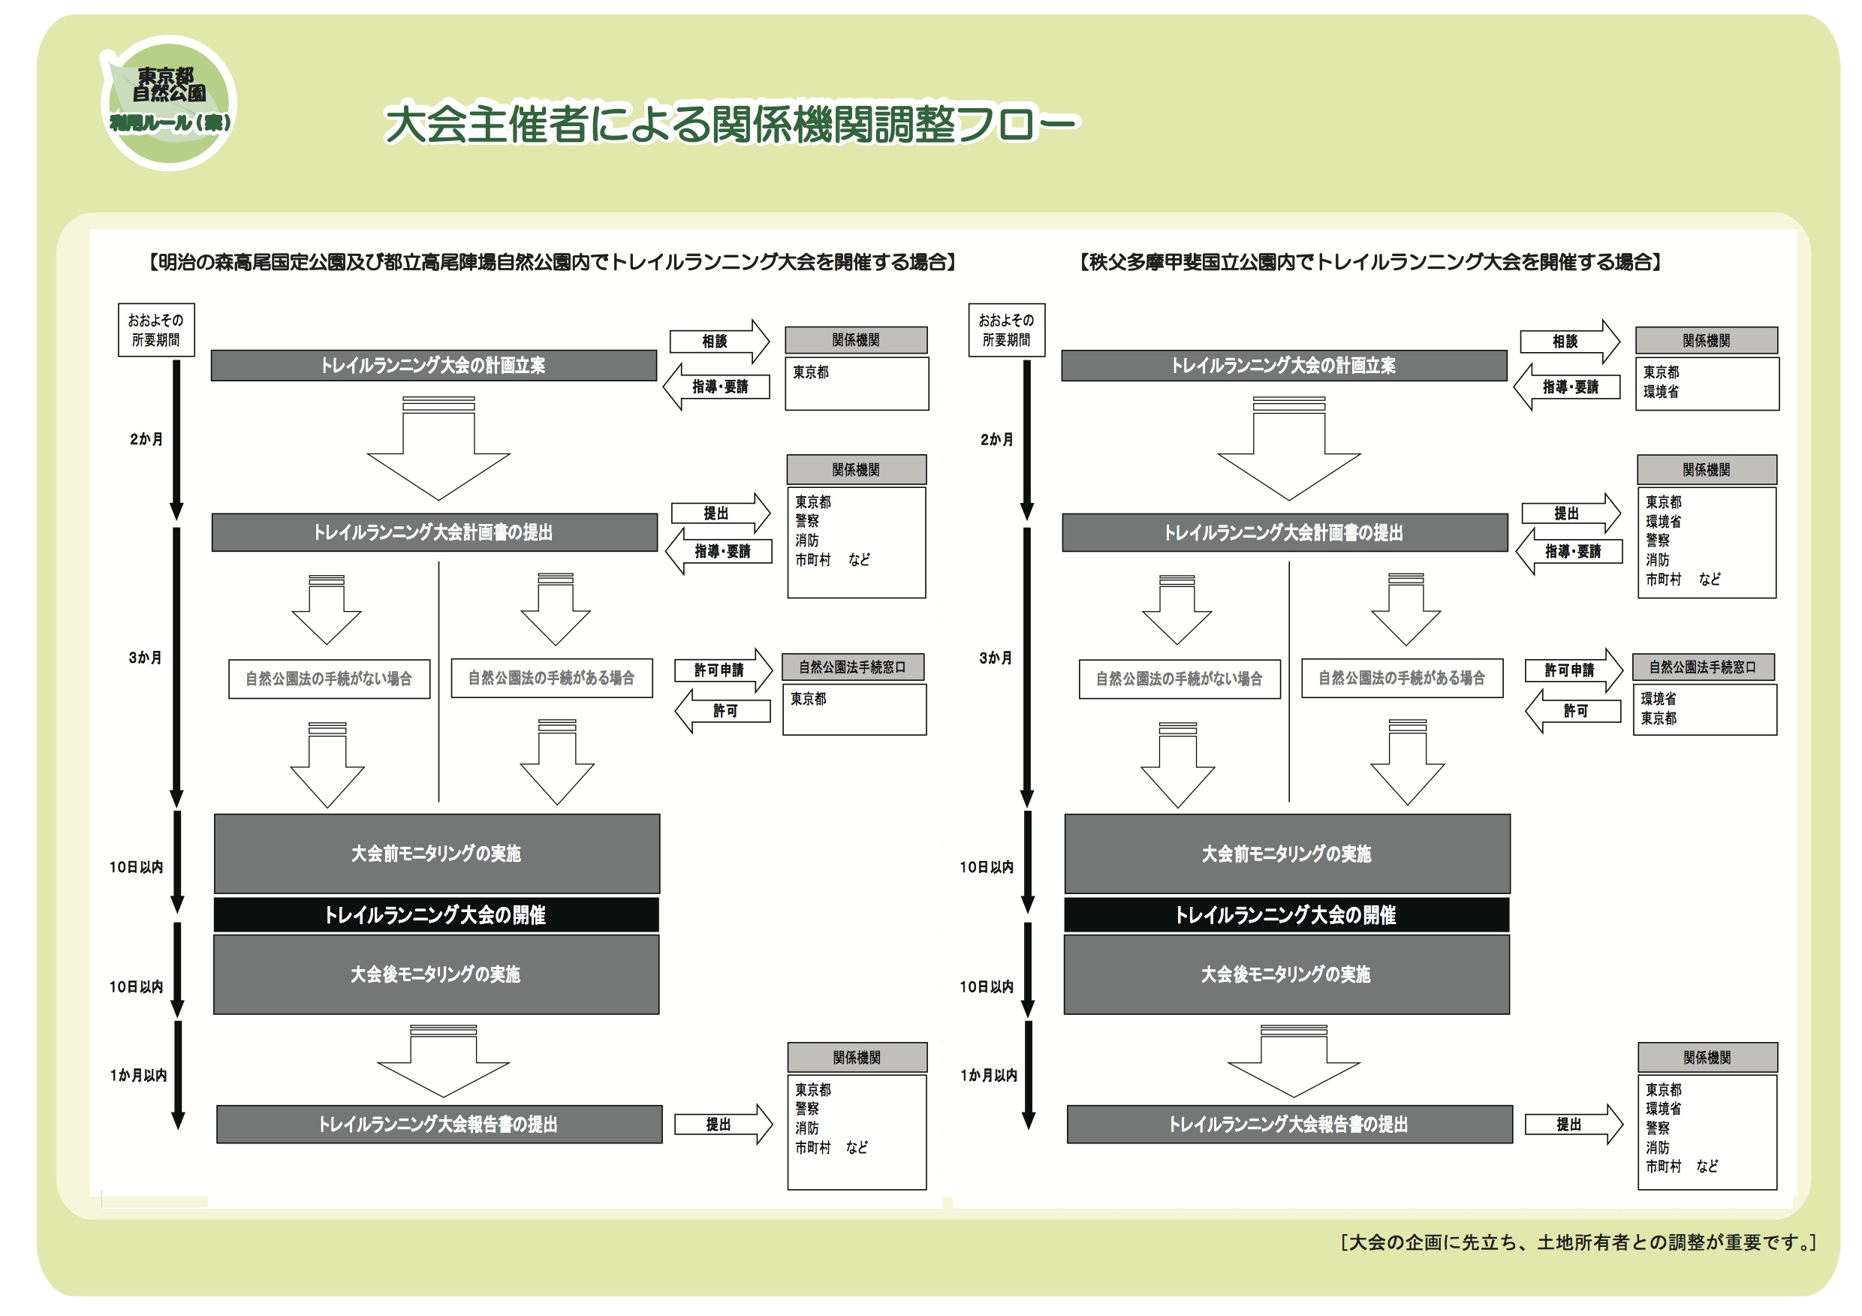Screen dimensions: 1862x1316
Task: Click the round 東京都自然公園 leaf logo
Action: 168,103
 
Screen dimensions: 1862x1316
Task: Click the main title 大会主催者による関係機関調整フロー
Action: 731,124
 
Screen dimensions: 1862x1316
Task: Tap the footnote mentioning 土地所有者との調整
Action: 1578,1242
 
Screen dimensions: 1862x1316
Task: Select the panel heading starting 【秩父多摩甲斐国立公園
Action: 1370,262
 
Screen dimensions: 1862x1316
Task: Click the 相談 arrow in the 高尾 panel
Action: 719,342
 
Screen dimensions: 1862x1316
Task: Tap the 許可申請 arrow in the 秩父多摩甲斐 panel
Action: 1573,670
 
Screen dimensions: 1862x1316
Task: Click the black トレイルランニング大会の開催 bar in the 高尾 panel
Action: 436,914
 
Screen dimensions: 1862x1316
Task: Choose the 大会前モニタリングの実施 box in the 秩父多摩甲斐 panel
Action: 1287,854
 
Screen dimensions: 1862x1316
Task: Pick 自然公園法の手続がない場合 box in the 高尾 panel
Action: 330,679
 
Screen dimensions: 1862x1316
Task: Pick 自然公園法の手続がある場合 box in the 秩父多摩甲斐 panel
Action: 1403,678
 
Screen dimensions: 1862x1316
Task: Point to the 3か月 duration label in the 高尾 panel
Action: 145,658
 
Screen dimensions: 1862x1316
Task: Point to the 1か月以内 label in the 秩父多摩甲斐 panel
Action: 989,1075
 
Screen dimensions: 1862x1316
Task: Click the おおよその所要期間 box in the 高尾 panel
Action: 156,330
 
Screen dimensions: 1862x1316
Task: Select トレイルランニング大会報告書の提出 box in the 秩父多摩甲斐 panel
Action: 1289,1125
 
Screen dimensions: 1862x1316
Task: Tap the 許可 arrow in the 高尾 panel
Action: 722,711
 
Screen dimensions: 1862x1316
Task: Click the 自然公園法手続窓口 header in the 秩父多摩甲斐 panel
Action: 1703,667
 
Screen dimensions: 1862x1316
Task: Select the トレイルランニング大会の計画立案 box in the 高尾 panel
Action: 434,366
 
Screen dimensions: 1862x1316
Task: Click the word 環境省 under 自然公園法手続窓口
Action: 1659,698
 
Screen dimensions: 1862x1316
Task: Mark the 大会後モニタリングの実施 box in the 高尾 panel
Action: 436,974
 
